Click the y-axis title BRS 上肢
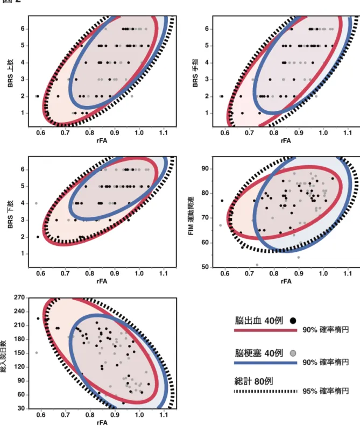[10, 74]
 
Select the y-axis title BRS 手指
[195, 74]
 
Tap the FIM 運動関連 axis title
[191, 216]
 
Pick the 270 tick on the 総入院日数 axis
[19, 298]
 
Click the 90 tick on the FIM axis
[206, 168]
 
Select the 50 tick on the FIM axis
[206, 267]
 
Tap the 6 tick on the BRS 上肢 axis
[23, 29]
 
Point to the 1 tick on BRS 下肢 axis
[23, 253]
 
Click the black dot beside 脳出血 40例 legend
[293, 321]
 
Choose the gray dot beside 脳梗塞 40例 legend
[293, 353]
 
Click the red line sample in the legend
[265, 330]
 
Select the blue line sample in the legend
[265, 363]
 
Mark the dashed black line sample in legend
[265, 391]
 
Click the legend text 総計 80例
[253, 381]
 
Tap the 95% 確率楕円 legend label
[326, 391]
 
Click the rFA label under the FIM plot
[286, 281]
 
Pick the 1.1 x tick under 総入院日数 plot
[164, 415]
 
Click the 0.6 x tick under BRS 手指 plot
[225, 133]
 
